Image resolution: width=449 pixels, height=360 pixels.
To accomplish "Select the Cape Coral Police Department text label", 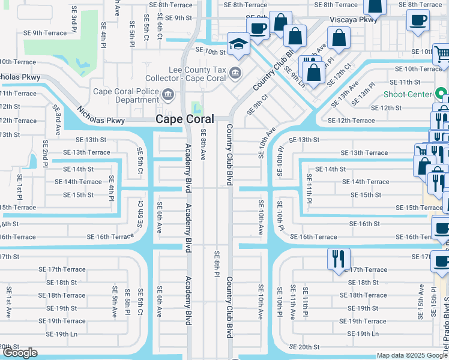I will (126, 96).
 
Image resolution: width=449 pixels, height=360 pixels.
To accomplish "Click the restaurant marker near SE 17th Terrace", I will (338, 259).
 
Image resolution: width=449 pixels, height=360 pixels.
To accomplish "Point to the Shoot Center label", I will (408, 94).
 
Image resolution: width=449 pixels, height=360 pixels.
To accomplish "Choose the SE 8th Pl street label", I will (217, 264).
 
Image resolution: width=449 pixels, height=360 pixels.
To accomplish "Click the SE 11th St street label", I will (405, 82).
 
